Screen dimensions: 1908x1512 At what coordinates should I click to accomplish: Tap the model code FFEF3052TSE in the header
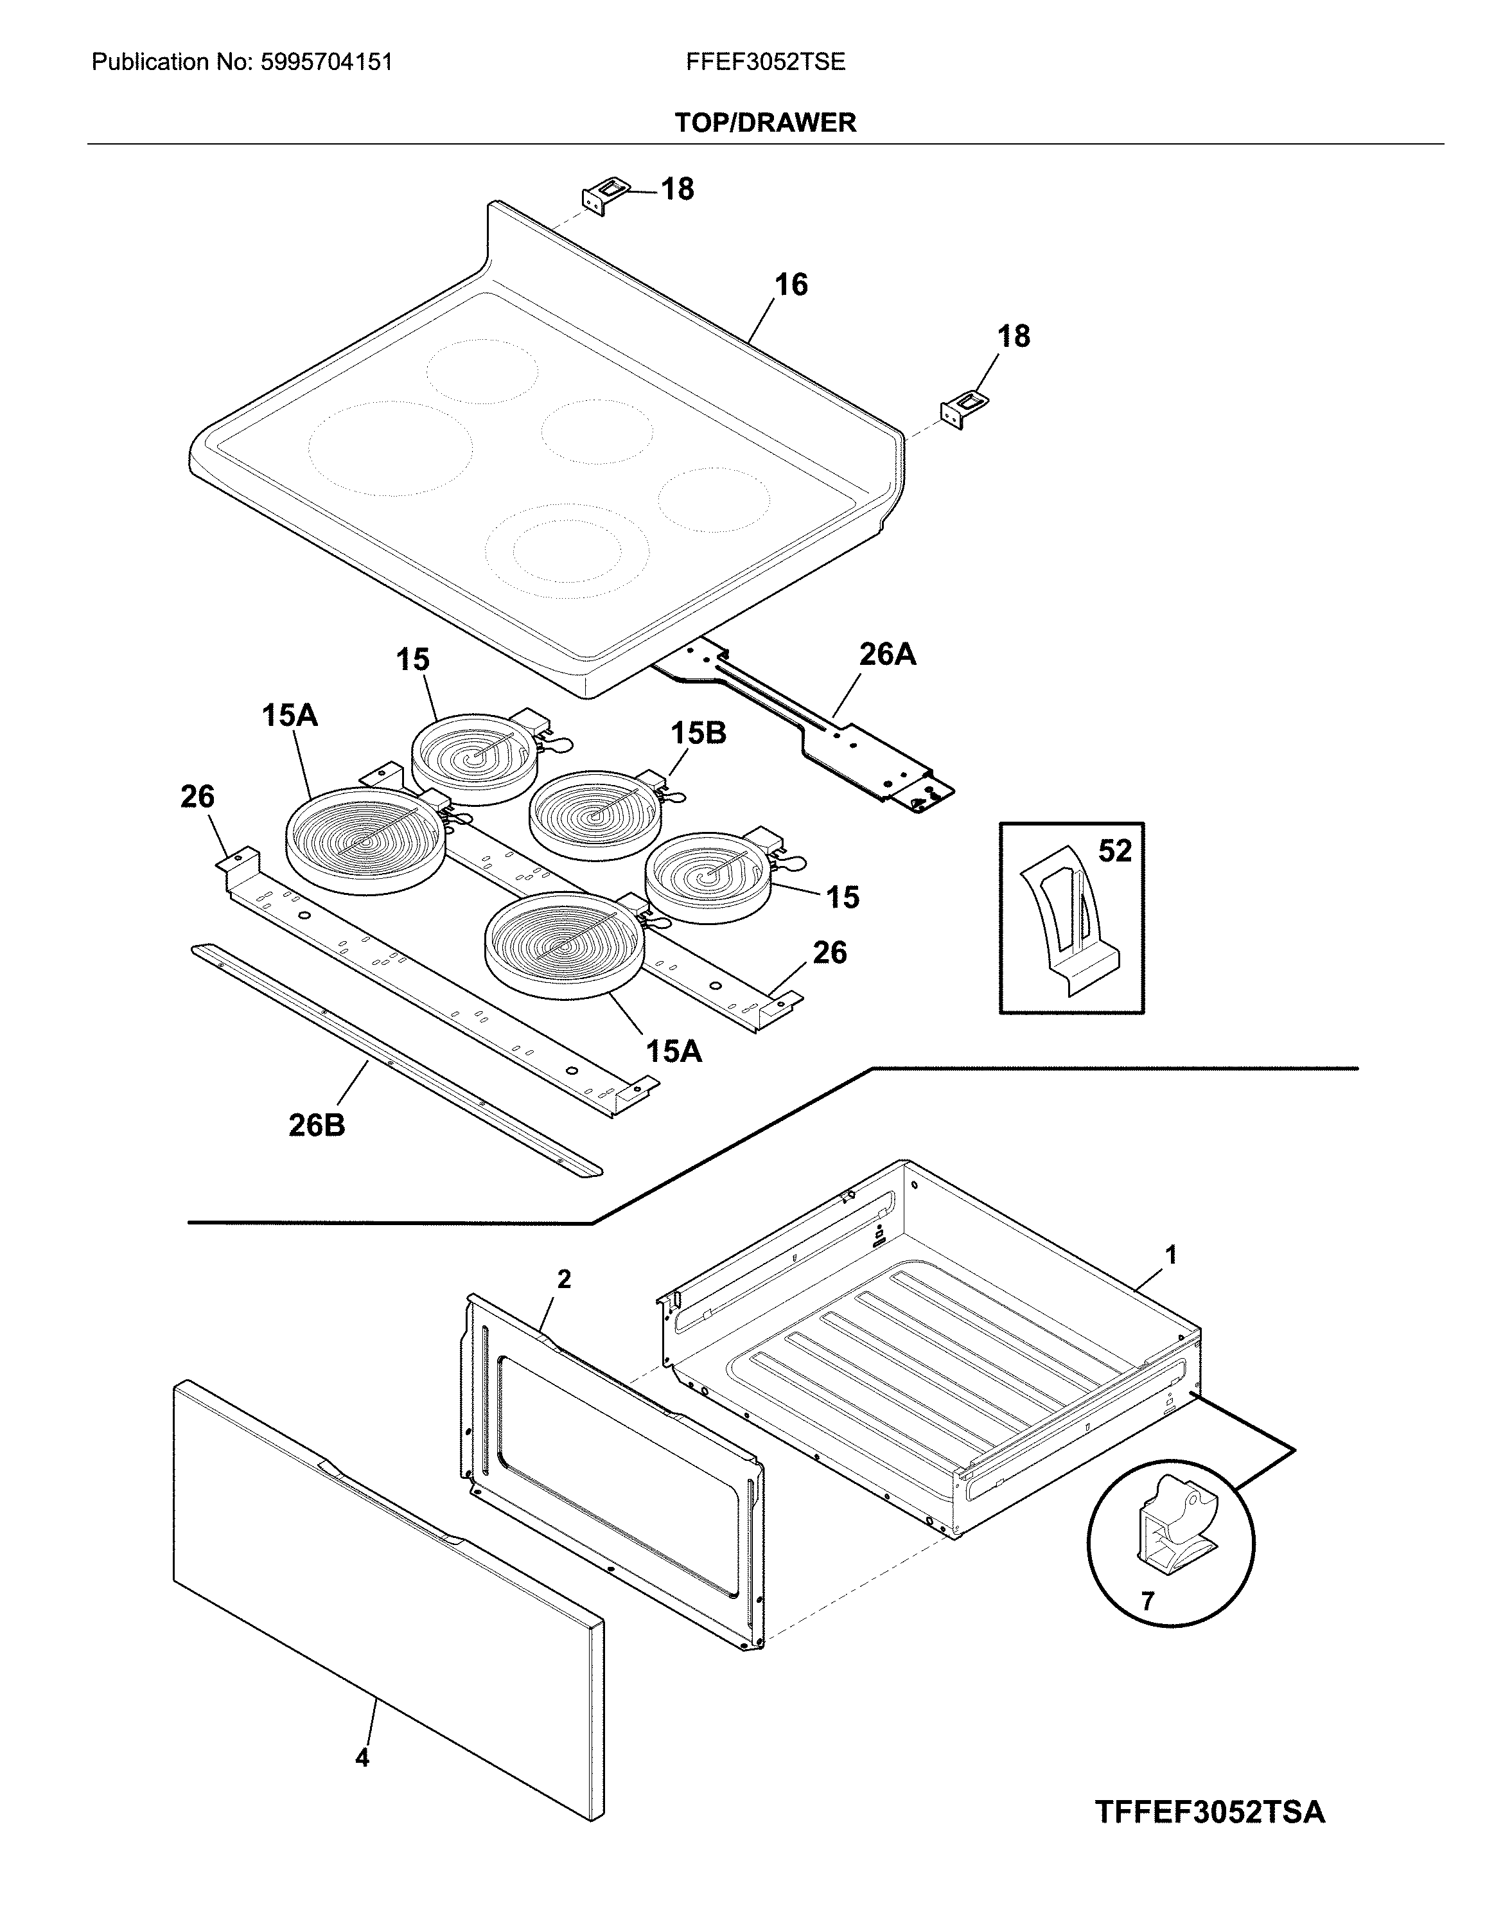tap(764, 62)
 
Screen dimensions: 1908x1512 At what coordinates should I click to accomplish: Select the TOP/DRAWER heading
tap(764, 122)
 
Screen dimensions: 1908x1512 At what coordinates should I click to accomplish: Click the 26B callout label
tap(316, 1125)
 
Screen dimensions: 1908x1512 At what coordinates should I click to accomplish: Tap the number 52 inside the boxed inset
tap(1114, 851)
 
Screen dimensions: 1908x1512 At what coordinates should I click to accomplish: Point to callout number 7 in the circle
tap(1147, 1601)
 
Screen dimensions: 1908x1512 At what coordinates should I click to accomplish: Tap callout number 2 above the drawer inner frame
tap(563, 1279)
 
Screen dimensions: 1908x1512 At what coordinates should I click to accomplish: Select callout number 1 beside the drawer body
tap(1170, 1254)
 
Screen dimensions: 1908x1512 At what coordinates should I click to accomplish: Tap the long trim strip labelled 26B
tap(398, 1061)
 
